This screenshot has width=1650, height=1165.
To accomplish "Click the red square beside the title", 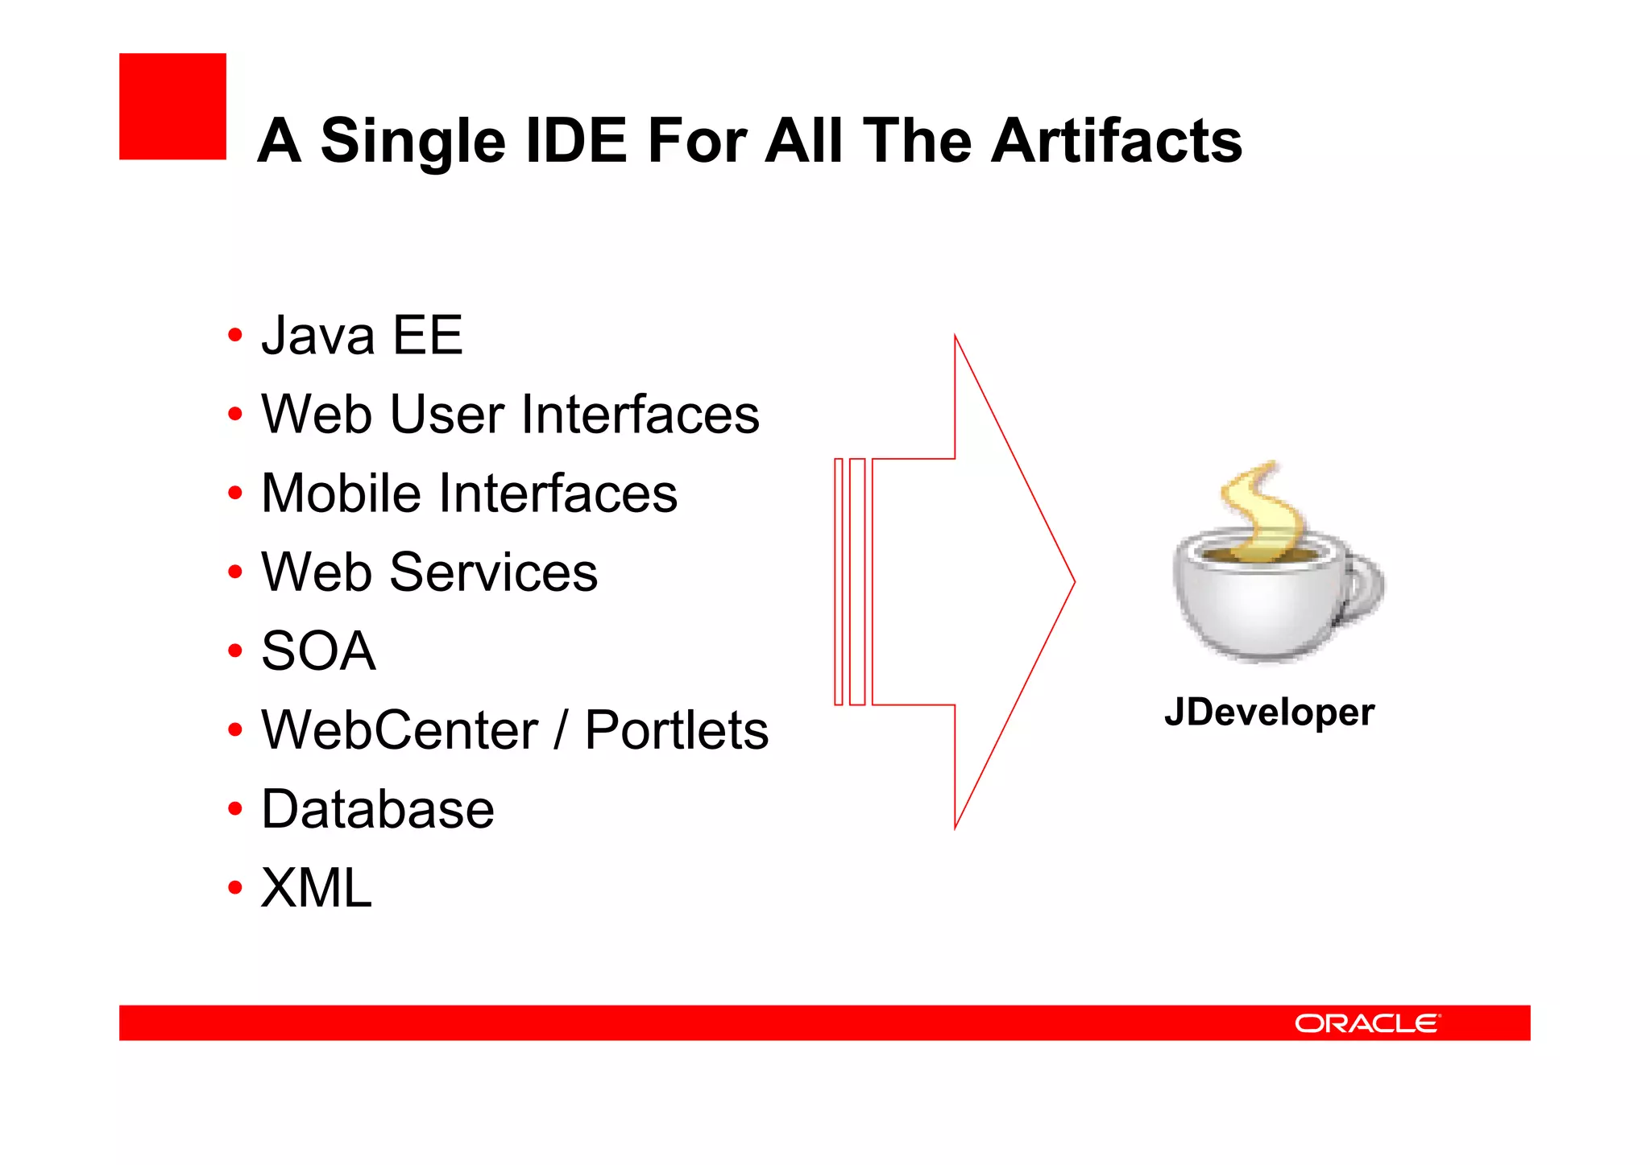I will coord(172,106).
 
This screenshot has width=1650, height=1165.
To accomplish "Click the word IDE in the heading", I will coord(575,141).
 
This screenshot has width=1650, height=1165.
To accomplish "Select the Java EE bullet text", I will coord(362,336).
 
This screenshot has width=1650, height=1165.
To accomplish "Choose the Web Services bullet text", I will coord(429,572).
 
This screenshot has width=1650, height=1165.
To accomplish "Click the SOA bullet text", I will coord(318,651).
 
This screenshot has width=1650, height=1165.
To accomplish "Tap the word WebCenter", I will coord(400,730).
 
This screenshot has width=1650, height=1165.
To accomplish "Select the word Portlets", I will coord(676,730).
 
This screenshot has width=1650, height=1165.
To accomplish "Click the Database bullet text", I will coord(377,809).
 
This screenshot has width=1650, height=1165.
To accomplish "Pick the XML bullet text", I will coord(317,888).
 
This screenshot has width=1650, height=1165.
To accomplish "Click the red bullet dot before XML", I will coord(234,888).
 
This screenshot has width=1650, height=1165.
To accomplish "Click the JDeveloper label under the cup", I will coord(1269,713).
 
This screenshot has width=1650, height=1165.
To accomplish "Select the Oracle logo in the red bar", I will coord(1366,1023).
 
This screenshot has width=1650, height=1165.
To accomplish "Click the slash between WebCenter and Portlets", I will coord(561,730).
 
